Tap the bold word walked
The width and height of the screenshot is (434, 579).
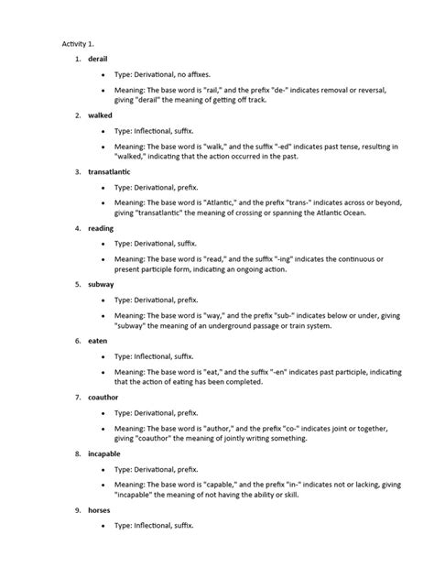click(x=101, y=116)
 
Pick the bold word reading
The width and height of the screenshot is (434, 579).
click(x=102, y=228)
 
